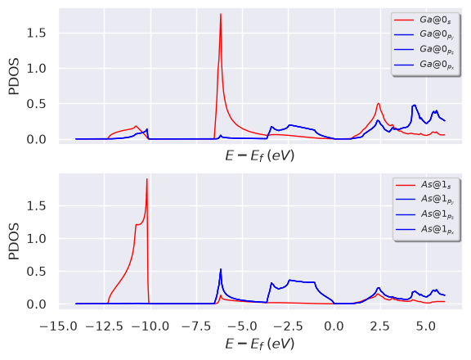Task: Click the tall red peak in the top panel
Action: pyautogui.click(x=221, y=14)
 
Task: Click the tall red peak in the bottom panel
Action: pyautogui.click(x=147, y=179)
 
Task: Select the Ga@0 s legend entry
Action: pyautogui.click(x=423, y=20)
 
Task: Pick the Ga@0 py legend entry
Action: pyautogui.click(x=424, y=34)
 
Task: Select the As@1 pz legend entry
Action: pyautogui.click(x=424, y=214)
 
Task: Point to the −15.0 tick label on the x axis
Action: pyautogui.click(x=59, y=326)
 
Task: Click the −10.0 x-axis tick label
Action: pyautogui.click(x=150, y=326)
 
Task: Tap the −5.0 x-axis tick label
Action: pyautogui.click(x=243, y=326)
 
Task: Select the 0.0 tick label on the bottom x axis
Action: pyautogui.click(x=334, y=326)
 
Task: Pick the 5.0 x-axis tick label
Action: pyautogui.click(x=426, y=326)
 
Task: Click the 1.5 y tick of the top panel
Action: pyautogui.click(x=36, y=33)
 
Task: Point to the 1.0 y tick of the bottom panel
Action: pyautogui.click(x=36, y=239)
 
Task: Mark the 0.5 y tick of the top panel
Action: pyautogui.click(x=36, y=104)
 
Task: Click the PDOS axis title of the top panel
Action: pyautogui.click(x=14, y=76)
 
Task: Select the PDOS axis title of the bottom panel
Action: pyautogui.click(x=14, y=241)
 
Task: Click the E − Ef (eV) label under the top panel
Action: pyautogui.click(x=260, y=156)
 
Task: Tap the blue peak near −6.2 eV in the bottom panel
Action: pyautogui.click(x=221, y=269)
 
